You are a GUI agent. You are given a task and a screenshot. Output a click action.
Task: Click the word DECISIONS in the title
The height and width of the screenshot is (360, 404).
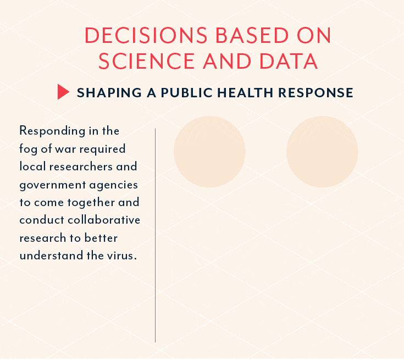pos(146,35)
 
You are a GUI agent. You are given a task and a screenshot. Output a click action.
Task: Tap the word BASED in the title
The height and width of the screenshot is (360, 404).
pos(252,35)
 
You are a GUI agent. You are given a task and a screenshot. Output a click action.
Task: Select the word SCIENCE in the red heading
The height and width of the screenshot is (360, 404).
pos(146,61)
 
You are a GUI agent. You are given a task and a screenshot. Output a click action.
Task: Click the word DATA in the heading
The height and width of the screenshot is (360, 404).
pos(289,61)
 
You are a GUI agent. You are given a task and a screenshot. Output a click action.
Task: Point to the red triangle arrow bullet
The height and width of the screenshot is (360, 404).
pos(63,92)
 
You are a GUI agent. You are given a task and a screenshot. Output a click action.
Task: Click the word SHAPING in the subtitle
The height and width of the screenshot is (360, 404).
pos(109,92)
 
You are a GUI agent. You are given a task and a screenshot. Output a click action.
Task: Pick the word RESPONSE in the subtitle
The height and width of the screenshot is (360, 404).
pos(316,92)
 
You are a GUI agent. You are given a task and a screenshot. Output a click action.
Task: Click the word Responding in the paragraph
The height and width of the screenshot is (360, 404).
pos(52,131)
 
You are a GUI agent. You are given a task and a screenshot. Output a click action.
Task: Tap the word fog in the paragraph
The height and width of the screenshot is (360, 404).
pos(29,149)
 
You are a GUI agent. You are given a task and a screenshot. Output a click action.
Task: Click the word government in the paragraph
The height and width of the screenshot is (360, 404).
pos(53,185)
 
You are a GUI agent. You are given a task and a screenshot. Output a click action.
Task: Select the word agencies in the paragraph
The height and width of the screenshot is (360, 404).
pos(114,185)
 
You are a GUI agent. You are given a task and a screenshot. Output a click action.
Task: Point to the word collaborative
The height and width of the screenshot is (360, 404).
pos(104,220)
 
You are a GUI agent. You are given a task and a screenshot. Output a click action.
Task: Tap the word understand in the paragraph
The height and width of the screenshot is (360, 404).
pos(51,256)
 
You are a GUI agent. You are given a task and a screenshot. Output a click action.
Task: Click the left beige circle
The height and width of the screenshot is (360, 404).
pos(209,152)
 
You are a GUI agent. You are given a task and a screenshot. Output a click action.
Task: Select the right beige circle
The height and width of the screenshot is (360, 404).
pos(322,152)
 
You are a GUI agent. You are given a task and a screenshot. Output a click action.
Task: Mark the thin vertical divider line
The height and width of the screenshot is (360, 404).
pos(155,235)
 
